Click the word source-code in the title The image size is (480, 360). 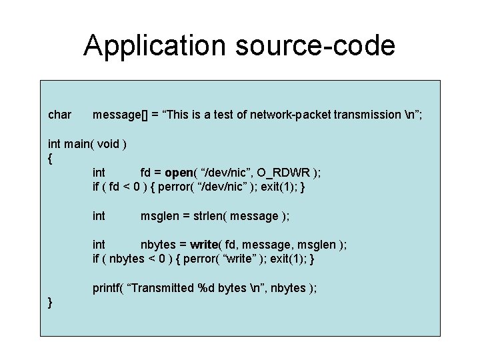[319, 45]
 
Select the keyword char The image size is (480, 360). [60, 115]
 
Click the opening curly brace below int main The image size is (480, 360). [51, 159]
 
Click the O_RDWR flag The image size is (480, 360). [283, 173]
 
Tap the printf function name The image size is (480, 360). [105, 288]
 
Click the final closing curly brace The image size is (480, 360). [51, 303]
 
